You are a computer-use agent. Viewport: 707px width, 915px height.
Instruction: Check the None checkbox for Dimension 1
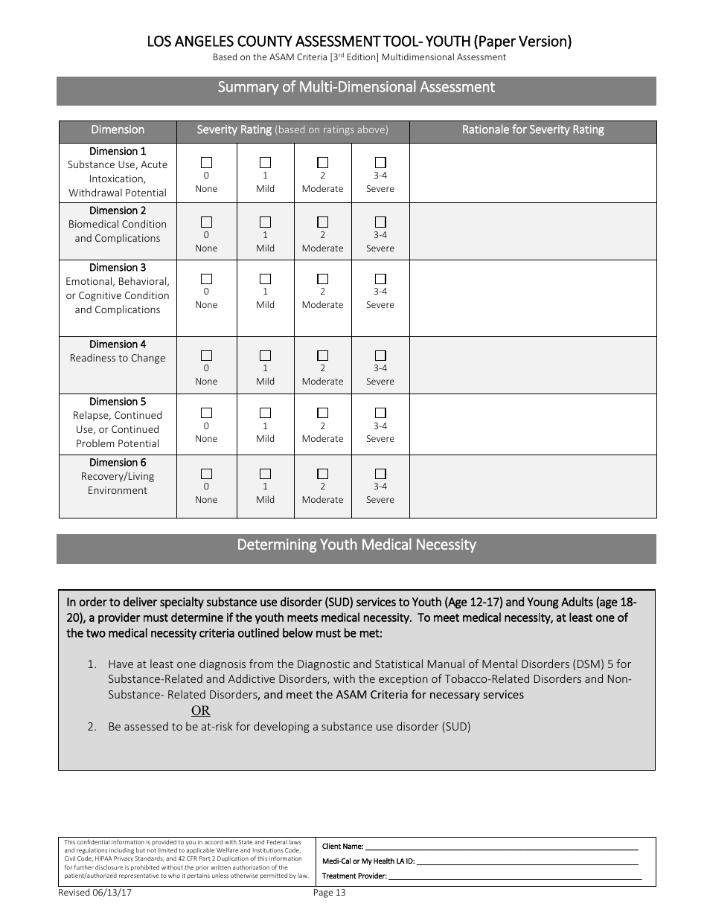[x=206, y=162]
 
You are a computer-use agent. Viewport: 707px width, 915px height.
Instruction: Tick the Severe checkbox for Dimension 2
[x=380, y=222]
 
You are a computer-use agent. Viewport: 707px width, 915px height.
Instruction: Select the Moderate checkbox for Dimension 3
[x=322, y=279]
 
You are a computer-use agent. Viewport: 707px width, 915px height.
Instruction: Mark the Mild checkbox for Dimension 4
[x=265, y=356]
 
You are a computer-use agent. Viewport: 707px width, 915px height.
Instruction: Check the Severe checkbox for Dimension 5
[x=380, y=413]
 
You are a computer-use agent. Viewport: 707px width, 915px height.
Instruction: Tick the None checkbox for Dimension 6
[x=206, y=474]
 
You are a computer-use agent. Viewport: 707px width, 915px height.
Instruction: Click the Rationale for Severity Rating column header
[x=533, y=130]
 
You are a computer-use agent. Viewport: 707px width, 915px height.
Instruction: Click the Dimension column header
[x=118, y=130]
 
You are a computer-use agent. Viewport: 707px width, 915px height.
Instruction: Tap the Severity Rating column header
[x=292, y=130]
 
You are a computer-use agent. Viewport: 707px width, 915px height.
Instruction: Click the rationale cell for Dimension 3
[x=533, y=298]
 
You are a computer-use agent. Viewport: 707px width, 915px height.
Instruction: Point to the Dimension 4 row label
[x=118, y=351]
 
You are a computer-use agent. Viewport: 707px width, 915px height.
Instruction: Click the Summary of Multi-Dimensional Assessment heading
[x=356, y=88]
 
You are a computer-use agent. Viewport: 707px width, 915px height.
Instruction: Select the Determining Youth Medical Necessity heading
[x=356, y=545]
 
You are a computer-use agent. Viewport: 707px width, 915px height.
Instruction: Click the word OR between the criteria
[x=201, y=710]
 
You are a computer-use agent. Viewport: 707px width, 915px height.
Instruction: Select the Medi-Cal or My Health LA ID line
[x=526, y=861]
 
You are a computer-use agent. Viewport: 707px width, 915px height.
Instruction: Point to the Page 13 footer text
[x=330, y=893]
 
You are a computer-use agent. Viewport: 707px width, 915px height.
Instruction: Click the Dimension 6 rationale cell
[x=533, y=487]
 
